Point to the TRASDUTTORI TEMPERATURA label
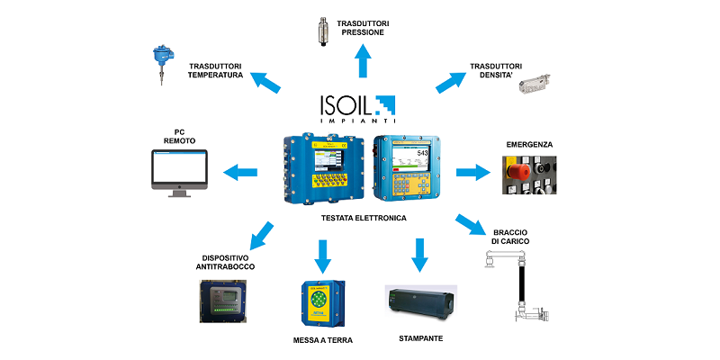(x=215, y=70)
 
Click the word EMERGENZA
(x=529, y=144)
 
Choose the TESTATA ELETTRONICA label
(x=364, y=218)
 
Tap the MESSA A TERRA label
(x=323, y=341)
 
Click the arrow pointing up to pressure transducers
(x=364, y=63)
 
